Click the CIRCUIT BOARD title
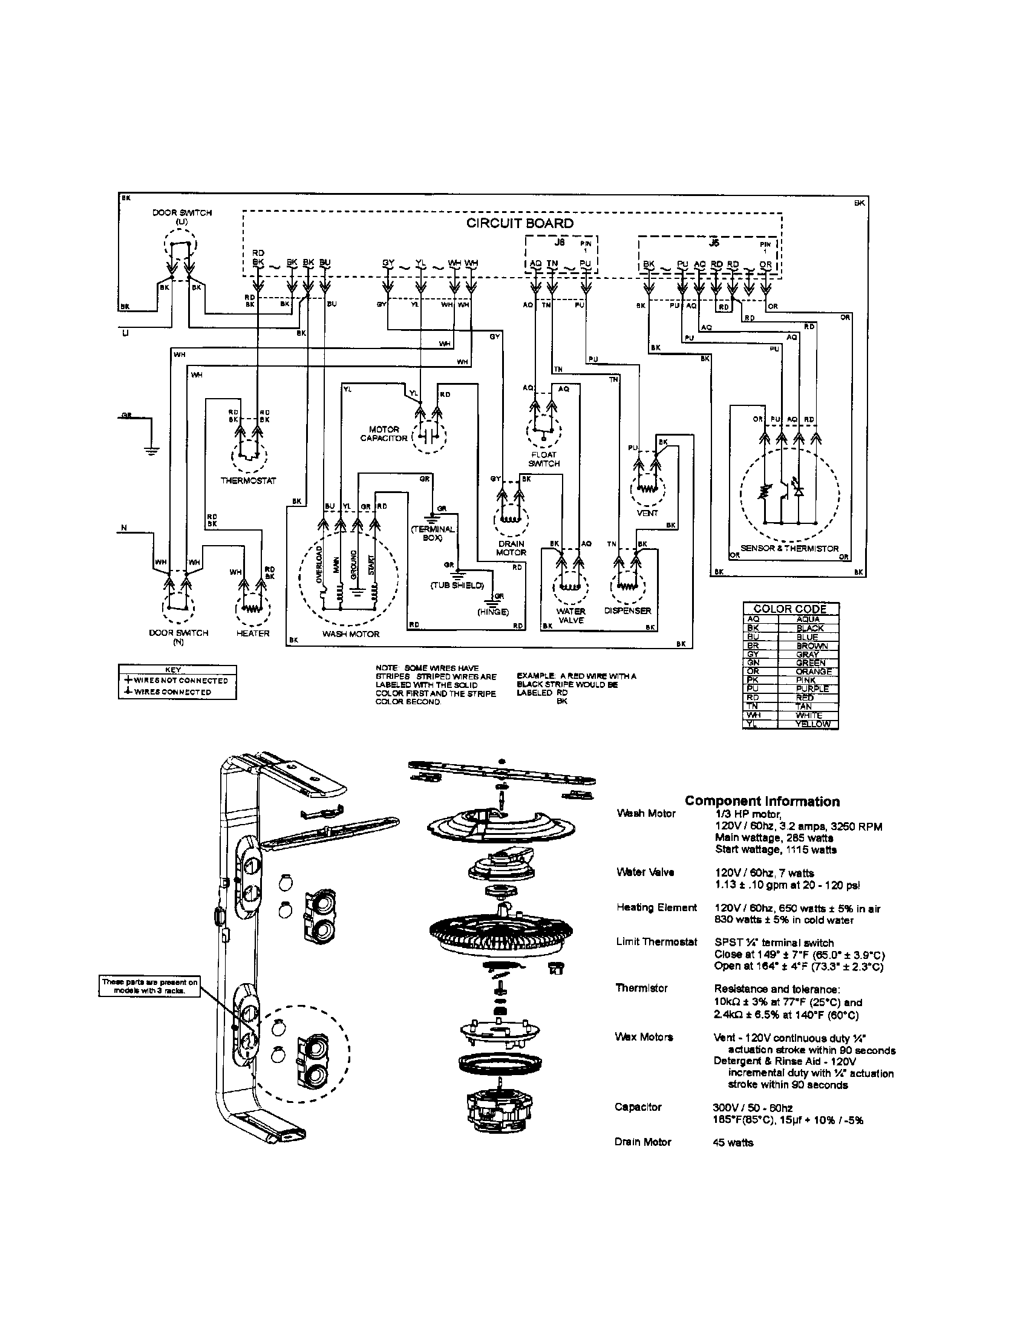coord(519,223)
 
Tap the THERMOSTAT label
coord(248,480)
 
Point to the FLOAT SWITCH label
coord(543,459)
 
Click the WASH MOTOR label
coord(350,634)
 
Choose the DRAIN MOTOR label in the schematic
coord(511,548)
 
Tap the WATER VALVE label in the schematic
coord(570,615)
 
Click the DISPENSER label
coord(627,610)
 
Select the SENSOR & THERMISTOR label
coord(789,548)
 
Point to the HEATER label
coord(252,633)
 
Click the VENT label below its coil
coord(647,512)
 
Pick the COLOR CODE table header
coord(789,609)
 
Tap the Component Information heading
coord(762,802)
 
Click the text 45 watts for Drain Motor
coord(733,1143)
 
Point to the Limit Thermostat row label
coord(656,941)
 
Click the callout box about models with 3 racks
coord(149,986)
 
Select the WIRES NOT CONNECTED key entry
coord(177,680)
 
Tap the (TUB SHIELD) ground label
coord(457,585)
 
